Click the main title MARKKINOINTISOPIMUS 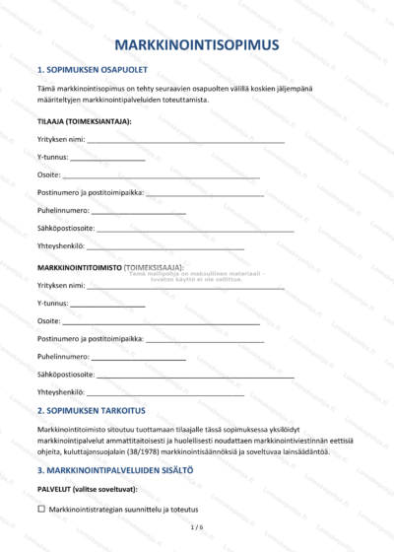tap(197, 44)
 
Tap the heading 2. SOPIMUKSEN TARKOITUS tap(91, 409)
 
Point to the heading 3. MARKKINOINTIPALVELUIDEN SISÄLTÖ tap(114, 470)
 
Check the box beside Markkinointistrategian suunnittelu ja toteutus tap(41, 509)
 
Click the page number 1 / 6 tap(197, 529)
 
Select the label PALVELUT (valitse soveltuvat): tap(87, 489)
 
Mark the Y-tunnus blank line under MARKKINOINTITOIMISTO tap(108, 304)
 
